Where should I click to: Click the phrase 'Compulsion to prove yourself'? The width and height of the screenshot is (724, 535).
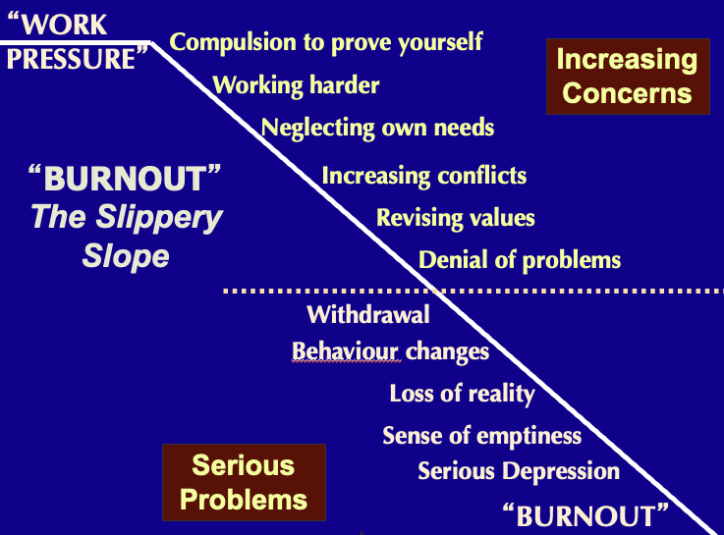[326, 42]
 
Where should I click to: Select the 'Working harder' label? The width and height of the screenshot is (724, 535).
[296, 84]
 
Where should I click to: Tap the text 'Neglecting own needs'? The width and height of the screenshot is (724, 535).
[377, 128]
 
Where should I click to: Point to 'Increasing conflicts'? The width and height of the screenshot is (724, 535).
[423, 177]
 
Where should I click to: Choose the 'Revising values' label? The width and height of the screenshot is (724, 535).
[455, 217]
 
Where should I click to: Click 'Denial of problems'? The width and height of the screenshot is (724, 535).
[520, 260]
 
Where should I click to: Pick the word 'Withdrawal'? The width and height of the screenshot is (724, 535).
[368, 315]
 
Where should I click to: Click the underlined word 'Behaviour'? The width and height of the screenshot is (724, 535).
[345, 351]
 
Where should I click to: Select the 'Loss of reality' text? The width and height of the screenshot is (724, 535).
[462, 395]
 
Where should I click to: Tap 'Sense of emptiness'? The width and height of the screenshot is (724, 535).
[481, 436]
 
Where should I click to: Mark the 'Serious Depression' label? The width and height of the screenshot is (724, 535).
[519, 471]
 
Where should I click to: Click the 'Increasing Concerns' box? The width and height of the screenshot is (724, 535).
[628, 77]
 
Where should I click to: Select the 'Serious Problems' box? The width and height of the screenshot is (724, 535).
[244, 482]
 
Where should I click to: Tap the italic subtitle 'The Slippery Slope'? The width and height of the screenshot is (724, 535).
[126, 237]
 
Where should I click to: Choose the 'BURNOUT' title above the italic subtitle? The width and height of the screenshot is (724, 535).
[125, 180]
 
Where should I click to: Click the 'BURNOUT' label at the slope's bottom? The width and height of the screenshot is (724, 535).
[585, 514]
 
